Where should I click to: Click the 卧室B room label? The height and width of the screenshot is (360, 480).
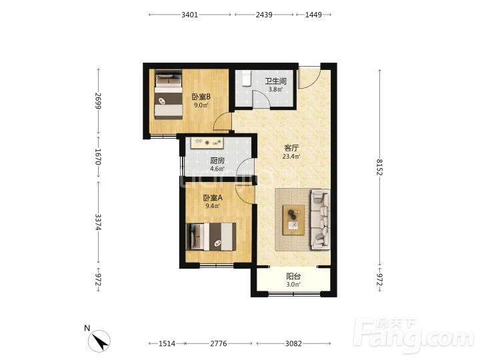(201, 97)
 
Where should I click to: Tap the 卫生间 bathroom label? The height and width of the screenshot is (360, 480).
(276, 81)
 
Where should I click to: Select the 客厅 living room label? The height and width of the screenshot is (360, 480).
(291, 148)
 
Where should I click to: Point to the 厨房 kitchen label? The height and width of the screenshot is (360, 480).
(217, 161)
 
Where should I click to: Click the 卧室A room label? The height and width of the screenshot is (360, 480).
(213, 198)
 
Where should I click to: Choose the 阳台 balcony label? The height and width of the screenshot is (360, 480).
(293, 277)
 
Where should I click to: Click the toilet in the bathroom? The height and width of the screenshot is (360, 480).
(247, 79)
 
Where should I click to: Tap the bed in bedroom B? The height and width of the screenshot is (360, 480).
(169, 95)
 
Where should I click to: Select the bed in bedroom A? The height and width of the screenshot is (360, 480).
(211, 237)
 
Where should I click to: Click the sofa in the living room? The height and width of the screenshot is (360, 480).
(321, 219)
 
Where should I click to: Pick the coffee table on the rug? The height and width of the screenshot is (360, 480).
(293, 220)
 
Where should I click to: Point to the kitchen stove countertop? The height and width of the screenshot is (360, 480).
(207, 143)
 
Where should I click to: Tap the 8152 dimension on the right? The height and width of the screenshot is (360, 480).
(379, 167)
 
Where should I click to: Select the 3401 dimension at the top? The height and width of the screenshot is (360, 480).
(190, 15)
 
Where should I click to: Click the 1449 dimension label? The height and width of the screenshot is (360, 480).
(313, 15)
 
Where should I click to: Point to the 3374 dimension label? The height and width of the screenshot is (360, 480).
(98, 222)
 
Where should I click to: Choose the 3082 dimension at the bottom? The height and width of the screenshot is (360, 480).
(293, 343)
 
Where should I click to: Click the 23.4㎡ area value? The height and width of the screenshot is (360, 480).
(291, 157)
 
